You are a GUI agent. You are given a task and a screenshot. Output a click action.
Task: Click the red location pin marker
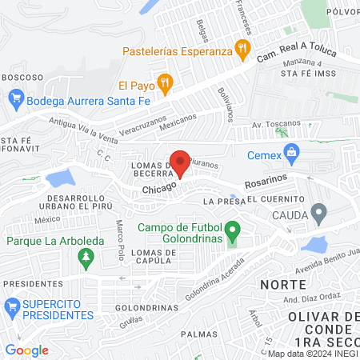coord(181,162)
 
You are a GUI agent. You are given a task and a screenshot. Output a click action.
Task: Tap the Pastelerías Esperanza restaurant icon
coord(241,51)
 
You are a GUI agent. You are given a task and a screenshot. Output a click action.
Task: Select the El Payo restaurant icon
coord(165,82)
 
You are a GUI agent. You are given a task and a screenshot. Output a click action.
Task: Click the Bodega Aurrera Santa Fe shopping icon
coord(14,100)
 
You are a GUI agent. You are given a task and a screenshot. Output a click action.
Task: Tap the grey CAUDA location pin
coord(319,214)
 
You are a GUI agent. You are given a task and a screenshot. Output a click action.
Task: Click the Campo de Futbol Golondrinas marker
coord(233,234)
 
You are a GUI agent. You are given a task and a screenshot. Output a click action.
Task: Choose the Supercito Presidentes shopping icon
coord(13,306)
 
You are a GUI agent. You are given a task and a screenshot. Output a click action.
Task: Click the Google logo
coord(26,350)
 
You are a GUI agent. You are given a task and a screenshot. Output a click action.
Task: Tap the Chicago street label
coord(158,190)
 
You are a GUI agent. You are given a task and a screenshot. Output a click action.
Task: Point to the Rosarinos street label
coord(262,182)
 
